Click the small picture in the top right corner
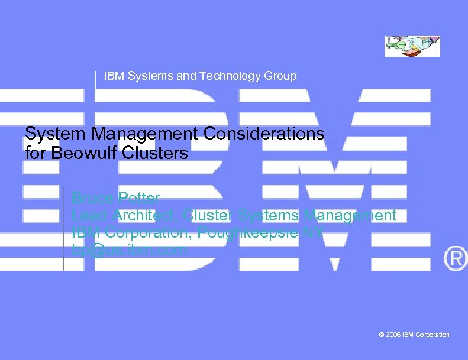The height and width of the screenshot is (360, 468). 412,46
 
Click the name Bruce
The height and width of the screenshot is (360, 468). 92,197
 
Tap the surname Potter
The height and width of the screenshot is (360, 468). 139,197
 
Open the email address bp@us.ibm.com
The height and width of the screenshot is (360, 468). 129,249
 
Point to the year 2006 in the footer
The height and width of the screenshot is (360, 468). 393,335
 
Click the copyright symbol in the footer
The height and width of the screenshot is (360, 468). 382,335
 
